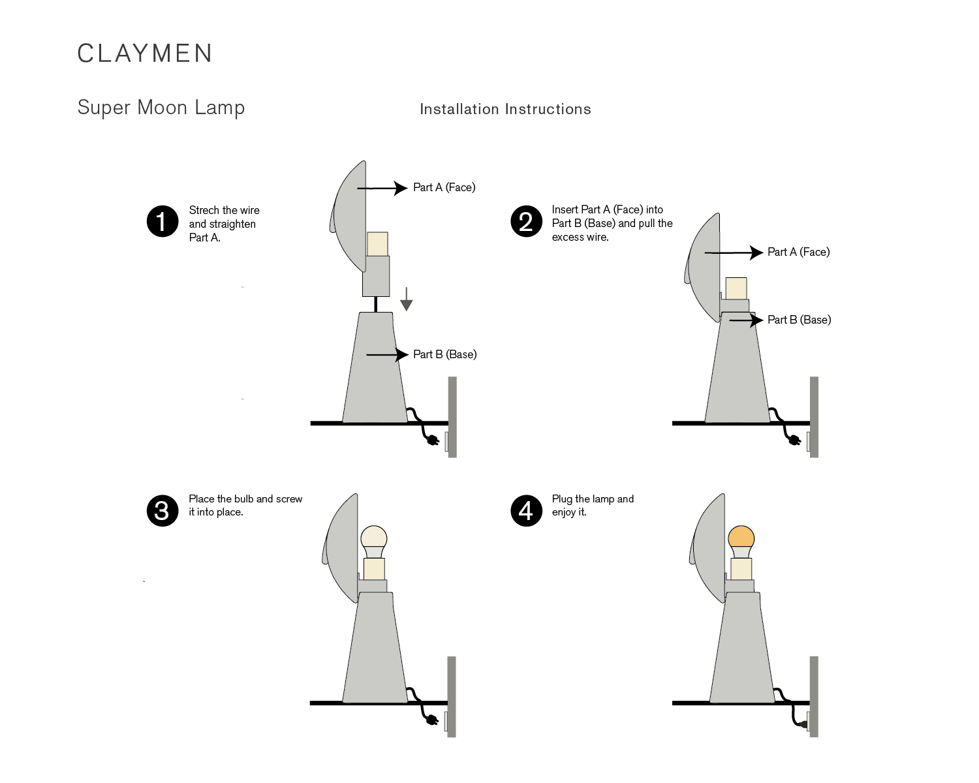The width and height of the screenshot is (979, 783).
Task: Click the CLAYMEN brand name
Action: click(x=145, y=54)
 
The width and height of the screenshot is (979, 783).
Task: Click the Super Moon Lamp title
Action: click(x=161, y=108)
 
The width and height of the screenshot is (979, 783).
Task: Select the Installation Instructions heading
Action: click(x=505, y=110)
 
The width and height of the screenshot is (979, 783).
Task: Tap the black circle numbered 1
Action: click(x=163, y=222)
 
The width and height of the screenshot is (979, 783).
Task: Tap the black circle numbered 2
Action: click(x=526, y=222)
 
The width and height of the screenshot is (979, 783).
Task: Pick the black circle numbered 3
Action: click(x=163, y=510)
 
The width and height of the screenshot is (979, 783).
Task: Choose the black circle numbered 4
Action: click(x=526, y=510)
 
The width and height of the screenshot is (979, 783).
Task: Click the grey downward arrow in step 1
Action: click(x=407, y=299)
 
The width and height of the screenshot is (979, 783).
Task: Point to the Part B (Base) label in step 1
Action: click(x=444, y=354)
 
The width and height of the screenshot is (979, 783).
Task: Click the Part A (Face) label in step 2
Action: click(x=798, y=252)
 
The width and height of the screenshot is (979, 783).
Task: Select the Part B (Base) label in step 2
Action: click(x=799, y=320)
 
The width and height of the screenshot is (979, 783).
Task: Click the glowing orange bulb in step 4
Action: click(x=741, y=538)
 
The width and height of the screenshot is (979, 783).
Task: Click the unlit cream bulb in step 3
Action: click(x=374, y=538)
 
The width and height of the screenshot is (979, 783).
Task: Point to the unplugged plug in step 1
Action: click(x=431, y=441)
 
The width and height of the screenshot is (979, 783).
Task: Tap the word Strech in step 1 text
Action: click(x=204, y=210)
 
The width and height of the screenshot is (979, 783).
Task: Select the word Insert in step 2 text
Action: click(x=565, y=209)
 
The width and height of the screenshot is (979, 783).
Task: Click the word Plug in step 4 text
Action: click(x=562, y=499)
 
